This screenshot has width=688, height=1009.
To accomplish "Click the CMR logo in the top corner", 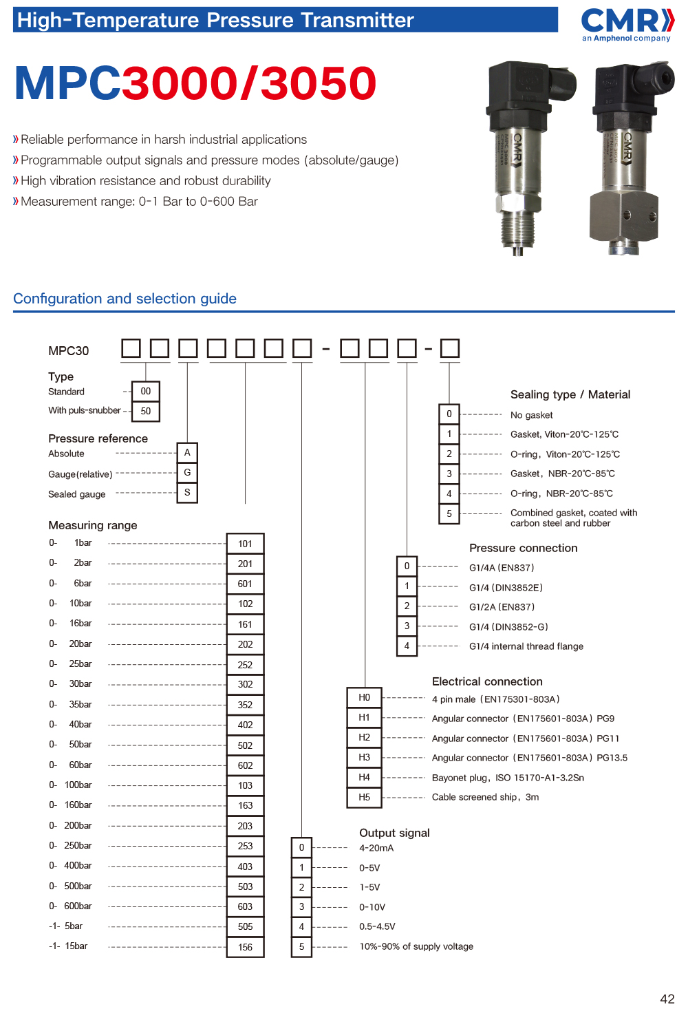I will click(627, 25).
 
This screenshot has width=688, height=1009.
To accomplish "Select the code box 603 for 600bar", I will click(245, 906).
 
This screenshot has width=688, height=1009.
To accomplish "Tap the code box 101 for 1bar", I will click(245, 544).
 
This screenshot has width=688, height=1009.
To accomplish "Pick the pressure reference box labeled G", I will click(187, 473).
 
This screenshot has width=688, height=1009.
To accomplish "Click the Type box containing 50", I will click(146, 411).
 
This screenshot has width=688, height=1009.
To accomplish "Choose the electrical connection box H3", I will click(365, 757).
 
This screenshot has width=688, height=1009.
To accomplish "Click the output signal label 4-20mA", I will click(376, 848).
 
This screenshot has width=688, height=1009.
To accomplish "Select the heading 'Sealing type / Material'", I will click(570, 394).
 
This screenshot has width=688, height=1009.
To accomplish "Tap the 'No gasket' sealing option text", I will click(531, 415).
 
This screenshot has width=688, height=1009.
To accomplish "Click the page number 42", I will click(667, 999).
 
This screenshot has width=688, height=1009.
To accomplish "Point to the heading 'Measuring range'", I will click(93, 525).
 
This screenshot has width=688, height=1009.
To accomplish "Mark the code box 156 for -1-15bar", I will click(245, 947).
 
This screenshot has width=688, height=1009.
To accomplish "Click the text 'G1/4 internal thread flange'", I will click(526, 646).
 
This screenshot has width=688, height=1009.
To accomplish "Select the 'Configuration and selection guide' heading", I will click(125, 299).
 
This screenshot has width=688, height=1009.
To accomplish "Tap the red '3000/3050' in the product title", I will click(249, 83).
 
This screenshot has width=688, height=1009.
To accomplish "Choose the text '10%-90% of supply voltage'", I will click(416, 946).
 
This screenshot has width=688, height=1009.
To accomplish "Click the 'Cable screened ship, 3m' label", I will click(485, 797).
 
